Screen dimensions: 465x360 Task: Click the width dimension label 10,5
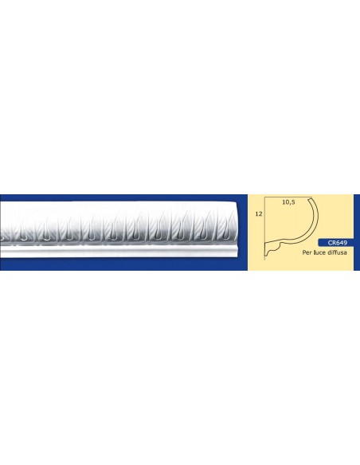[289, 203]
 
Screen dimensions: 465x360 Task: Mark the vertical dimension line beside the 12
[264, 223]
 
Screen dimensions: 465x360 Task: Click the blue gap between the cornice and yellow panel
[244, 231]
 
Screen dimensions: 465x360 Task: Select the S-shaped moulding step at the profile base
[276, 248]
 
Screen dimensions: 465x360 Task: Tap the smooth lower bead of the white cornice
[119, 252]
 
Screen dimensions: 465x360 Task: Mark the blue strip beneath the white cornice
[119, 265]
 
